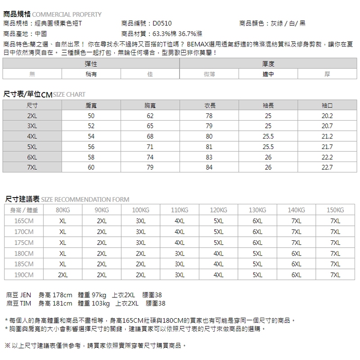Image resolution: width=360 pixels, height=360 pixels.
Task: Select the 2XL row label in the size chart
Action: click(31, 116)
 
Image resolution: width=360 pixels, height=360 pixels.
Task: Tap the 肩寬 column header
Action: click(91, 105)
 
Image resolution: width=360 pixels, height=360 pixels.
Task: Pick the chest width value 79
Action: click(150, 167)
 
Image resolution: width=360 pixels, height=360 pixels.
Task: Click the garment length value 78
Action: click(209, 116)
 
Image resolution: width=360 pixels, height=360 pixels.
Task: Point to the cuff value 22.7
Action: click(327, 167)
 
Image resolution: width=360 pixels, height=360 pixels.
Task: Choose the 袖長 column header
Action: click(268, 105)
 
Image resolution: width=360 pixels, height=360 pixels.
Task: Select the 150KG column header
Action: click(335, 210)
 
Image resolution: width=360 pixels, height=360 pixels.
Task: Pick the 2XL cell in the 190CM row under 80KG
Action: click(63, 274)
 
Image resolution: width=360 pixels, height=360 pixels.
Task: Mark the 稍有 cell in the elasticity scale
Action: click(91, 74)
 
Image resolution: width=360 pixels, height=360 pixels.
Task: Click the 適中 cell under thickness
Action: click(268, 74)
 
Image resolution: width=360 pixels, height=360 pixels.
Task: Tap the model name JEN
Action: click(27, 295)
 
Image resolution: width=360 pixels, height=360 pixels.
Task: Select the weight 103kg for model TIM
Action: click(100, 304)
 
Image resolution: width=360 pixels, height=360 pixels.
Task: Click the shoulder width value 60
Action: click(91, 167)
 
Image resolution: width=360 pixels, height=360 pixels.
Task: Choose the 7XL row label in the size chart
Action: click(31, 167)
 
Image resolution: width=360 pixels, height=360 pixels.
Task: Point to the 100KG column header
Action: click(140, 210)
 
